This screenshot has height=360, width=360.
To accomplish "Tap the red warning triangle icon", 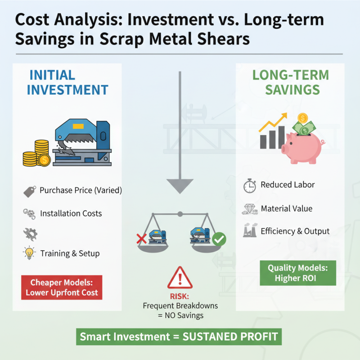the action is [180, 278].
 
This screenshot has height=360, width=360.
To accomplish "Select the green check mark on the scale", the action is [219, 239].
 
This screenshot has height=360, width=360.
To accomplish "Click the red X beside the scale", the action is [141, 239].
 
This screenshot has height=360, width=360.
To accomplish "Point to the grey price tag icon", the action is [30, 192].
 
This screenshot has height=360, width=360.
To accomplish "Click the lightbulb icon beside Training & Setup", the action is [29, 253].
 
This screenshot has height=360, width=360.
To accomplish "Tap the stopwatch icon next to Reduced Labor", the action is [250, 185].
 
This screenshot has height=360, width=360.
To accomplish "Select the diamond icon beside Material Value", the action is [250, 209].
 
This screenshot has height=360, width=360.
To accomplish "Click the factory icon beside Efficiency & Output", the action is [250, 230].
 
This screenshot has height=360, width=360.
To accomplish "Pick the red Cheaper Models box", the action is [62, 288].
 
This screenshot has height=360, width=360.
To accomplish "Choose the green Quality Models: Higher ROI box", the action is [298, 273].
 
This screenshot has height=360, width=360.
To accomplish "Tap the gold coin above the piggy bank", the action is [302, 118].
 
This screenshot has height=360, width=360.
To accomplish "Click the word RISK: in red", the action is [180, 297].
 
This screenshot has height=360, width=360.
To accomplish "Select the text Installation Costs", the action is [71, 213].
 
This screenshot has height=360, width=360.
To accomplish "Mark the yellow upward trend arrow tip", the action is [287, 113].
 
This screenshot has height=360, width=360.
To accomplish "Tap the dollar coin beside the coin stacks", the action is [44, 160].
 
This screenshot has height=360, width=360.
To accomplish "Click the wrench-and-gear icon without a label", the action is [30, 234].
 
